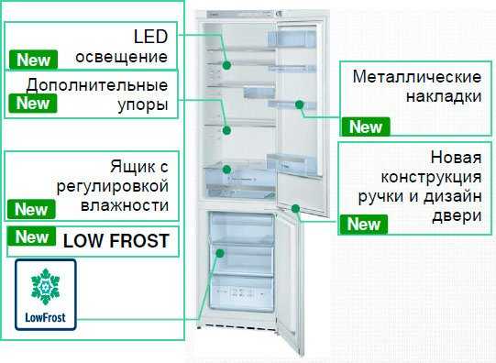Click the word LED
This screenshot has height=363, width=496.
[150, 38]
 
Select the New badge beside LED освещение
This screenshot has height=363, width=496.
[33, 60]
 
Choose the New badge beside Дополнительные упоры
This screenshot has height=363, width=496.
[33, 103]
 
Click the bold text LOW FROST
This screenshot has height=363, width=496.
[116, 241]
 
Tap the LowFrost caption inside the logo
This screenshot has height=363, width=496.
[46, 318]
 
